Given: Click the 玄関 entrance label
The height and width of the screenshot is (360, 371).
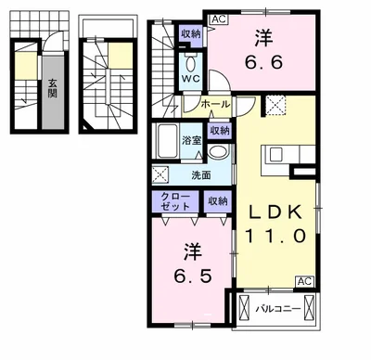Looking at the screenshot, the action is click(53, 88).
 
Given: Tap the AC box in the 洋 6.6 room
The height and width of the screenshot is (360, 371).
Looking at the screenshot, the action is click(219, 19).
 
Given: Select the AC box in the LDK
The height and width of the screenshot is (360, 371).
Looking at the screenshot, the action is click(305, 281).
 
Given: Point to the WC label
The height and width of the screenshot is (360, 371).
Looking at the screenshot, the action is click(191, 79).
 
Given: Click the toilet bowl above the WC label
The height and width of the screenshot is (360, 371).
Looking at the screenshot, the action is click(191, 64).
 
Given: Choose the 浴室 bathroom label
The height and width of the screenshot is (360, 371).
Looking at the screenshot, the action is click(192, 141).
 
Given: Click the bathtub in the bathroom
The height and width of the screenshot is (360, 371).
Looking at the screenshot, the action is click(167, 141).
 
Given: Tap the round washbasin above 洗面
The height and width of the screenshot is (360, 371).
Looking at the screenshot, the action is click(218, 152).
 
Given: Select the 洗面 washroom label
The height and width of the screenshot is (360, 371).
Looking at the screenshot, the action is click(201, 175).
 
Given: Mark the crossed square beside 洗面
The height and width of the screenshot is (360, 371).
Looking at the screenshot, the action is click(160, 174).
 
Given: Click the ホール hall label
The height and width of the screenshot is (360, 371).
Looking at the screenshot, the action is click(215, 104).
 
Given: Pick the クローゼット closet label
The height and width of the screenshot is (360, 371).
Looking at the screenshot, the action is click(175, 201).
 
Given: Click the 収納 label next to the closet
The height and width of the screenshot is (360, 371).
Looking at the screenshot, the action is click(218, 201).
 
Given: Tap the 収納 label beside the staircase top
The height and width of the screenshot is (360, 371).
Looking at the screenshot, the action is click(191, 34).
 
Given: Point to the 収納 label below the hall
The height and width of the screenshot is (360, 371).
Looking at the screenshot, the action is click(220, 131).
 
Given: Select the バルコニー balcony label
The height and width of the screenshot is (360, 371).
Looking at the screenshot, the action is click(278, 309).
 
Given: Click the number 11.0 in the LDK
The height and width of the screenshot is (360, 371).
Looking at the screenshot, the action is click(275, 236).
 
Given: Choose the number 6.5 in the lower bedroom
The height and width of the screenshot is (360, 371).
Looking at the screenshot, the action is click(193, 276).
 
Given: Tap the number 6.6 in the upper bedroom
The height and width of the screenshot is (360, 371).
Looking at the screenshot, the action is click(263, 63).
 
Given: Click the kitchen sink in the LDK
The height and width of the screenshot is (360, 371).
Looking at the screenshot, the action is click(275, 154).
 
